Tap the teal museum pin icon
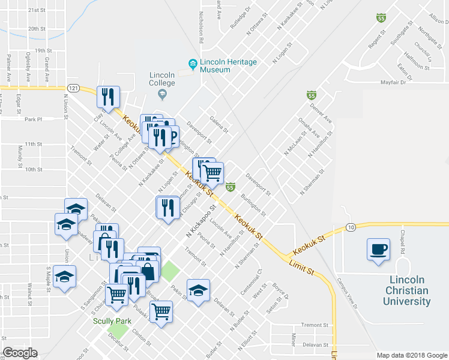point(193,63)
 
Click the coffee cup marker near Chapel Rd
point(378,250)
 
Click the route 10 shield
point(351,226)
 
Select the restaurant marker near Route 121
point(108,97)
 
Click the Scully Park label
point(112,321)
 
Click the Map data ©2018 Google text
point(411,355)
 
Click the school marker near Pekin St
point(198,292)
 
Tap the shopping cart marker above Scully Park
point(116,294)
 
